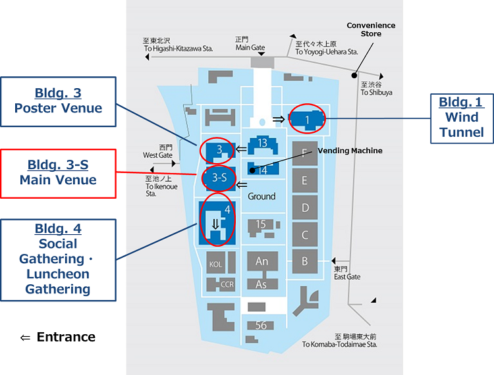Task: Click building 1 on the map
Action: click(308, 119)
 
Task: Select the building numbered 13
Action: click(262, 143)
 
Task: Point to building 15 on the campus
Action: click(261, 225)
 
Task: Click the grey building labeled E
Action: click(304, 180)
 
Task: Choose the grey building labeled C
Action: click(304, 235)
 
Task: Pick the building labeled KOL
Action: click(215, 263)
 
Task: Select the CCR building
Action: click(227, 284)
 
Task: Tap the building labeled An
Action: click(261, 261)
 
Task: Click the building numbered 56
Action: click(261, 325)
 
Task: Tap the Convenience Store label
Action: click(371, 30)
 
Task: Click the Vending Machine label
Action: click(350, 151)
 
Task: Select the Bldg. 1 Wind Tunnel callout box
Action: click(461, 117)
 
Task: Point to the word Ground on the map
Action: click(261, 196)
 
